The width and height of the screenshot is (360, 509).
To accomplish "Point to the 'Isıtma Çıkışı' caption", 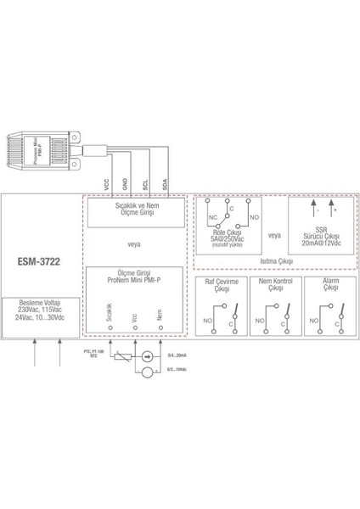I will click(275, 262).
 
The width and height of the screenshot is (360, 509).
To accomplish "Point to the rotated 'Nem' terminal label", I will click(159, 318).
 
